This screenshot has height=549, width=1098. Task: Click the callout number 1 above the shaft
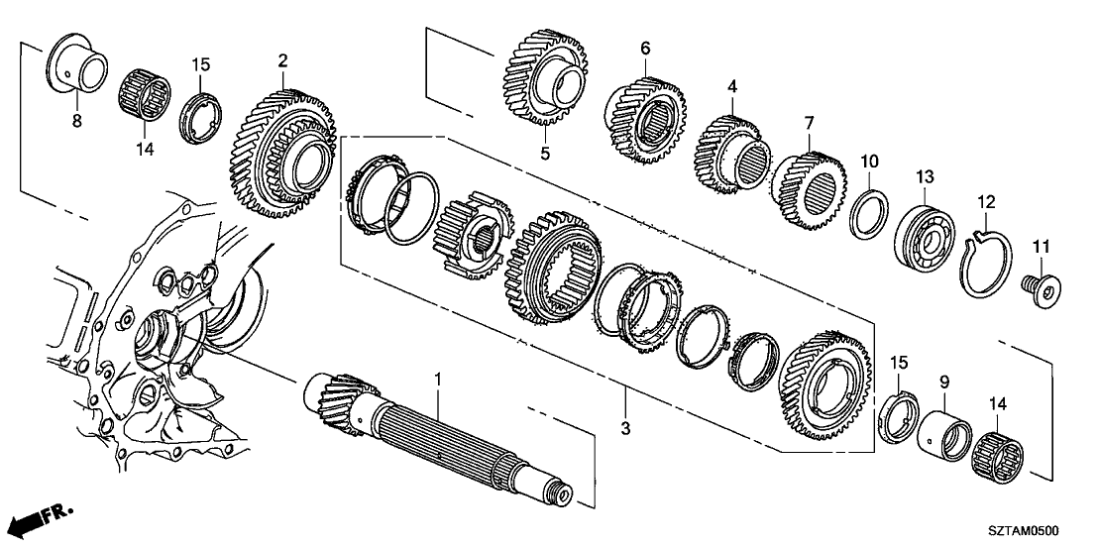click(x=437, y=379)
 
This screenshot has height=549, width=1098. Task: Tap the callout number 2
click(x=282, y=61)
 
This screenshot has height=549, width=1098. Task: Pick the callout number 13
click(x=925, y=176)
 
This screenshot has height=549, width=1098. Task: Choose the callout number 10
click(x=869, y=161)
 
